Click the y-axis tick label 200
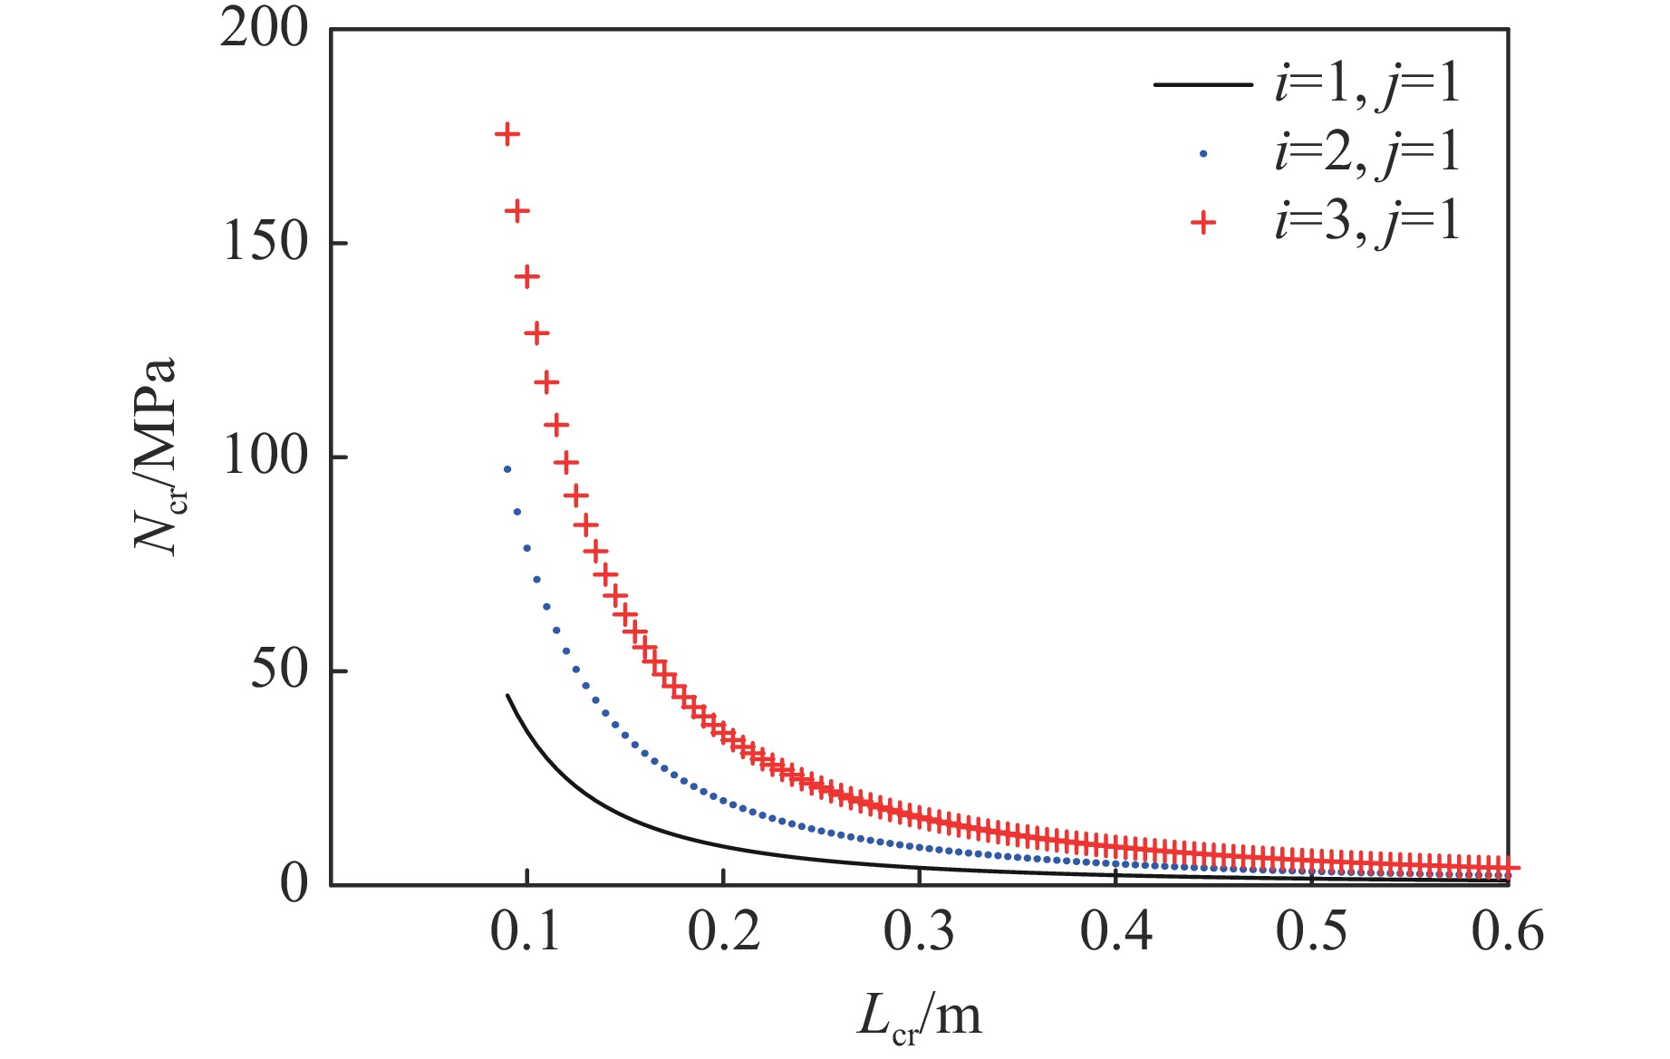pos(265,29)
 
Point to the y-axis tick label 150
pos(265,243)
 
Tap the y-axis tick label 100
pos(265,457)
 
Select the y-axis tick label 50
pos(279,670)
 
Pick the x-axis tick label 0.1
pos(526,931)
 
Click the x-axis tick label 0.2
pos(723,931)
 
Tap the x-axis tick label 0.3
pos(920,931)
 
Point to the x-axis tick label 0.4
pos(1115,931)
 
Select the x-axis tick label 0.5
pos(1312,931)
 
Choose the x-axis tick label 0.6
pos(1508,931)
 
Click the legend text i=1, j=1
pos(1367,84)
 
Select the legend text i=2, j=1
pos(1367,152)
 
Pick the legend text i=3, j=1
pos(1367,221)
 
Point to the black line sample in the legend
pos(1202,85)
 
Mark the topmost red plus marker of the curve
pos(507,135)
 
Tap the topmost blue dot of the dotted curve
pos(507,469)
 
